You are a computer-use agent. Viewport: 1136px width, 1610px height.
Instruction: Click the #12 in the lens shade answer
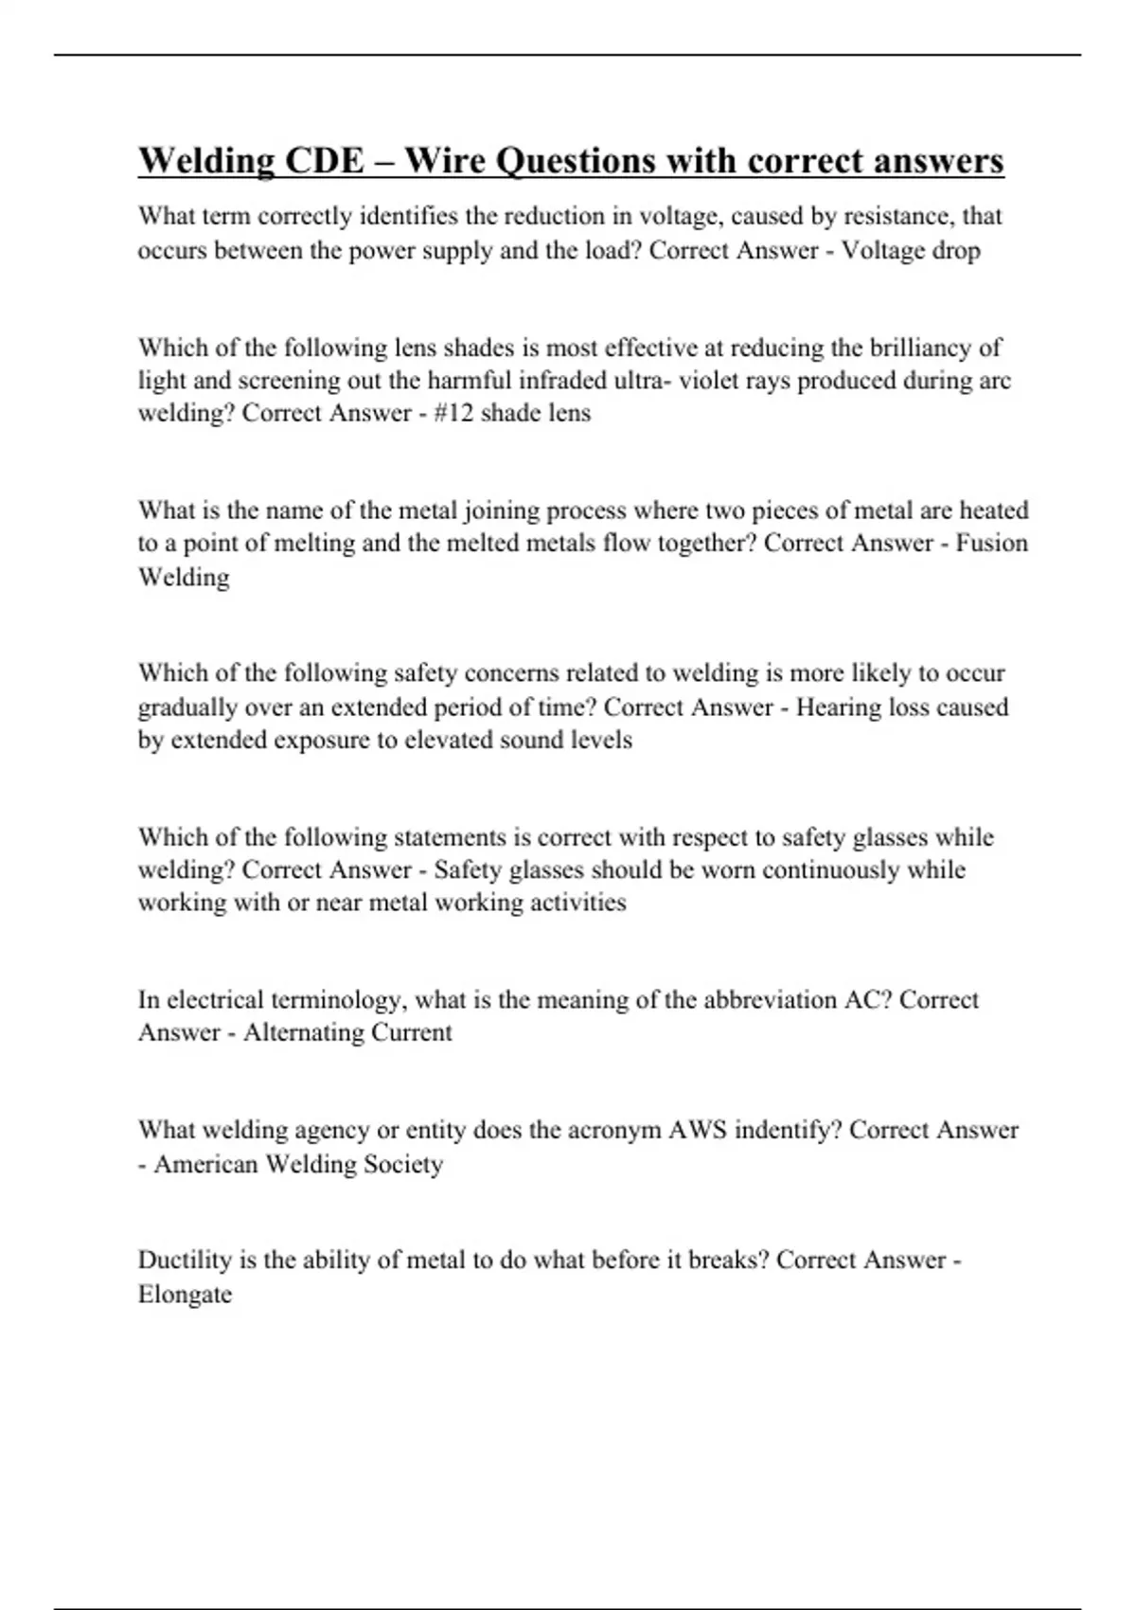tap(453, 414)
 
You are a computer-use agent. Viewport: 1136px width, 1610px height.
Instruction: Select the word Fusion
tap(991, 544)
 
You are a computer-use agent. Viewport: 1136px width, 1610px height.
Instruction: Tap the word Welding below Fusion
tap(184, 577)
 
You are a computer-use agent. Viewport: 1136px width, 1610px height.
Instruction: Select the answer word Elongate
tap(185, 1294)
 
